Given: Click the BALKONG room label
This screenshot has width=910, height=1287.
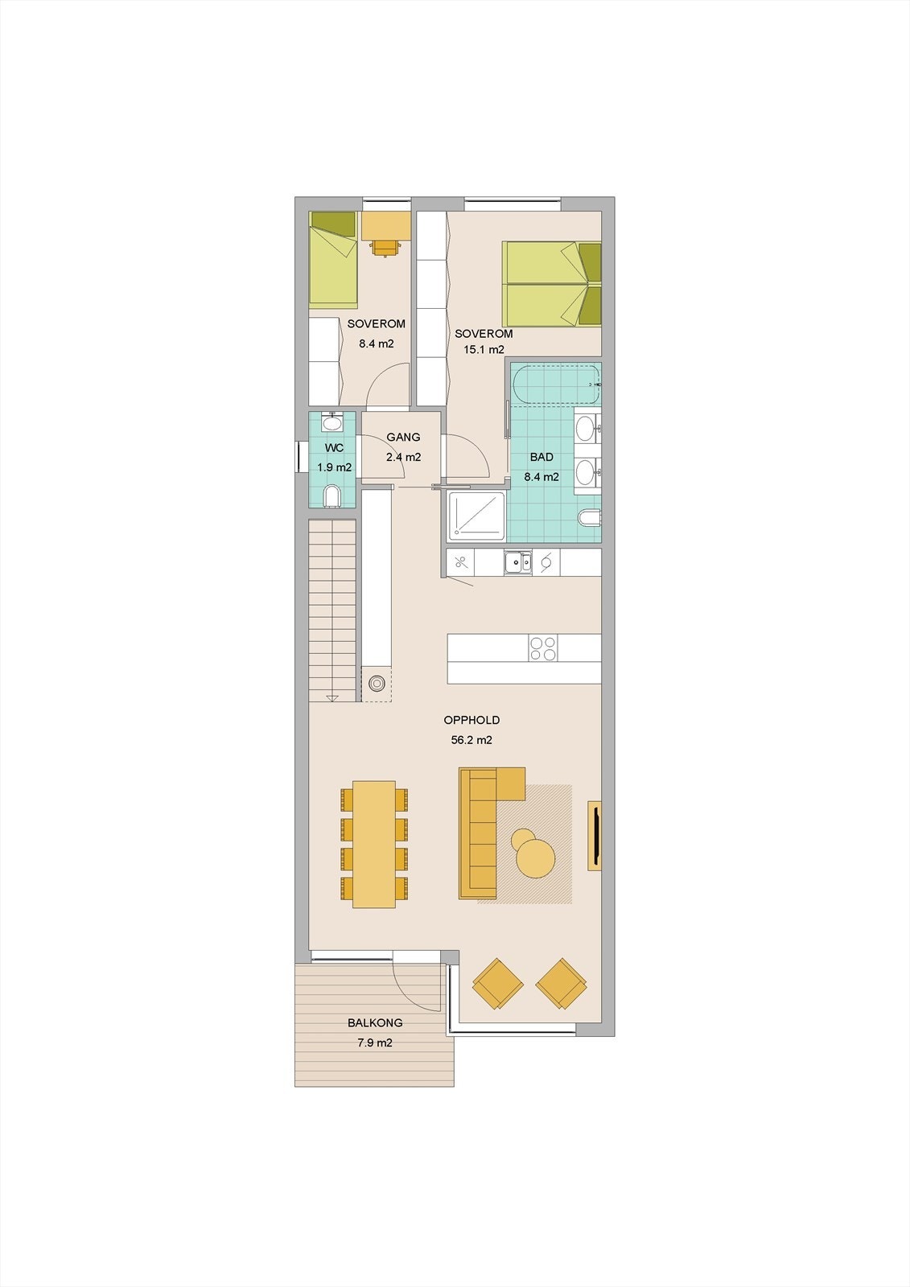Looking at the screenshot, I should (x=375, y=1023).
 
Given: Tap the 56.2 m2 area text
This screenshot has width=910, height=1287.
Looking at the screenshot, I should (x=471, y=740).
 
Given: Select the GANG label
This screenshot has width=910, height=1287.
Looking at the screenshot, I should (x=403, y=438).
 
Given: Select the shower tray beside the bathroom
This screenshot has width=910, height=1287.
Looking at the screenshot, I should (x=476, y=515).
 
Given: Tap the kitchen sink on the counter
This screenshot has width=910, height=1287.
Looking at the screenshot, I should (x=517, y=562).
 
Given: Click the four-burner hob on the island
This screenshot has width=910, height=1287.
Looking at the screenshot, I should (x=543, y=648).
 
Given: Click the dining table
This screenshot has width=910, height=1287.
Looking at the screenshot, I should (x=374, y=844).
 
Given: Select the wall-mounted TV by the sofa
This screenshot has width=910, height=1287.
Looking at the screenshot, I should (x=595, y=835).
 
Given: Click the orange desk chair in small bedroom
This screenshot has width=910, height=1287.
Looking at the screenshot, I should (x=387, y=247).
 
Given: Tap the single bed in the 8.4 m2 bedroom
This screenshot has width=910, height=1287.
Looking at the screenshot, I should (x=333, y=259).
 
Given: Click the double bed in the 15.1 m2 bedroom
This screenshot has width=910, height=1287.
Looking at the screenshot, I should (x=551, y=284).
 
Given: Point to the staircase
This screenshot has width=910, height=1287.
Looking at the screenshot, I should (x=332, y=610).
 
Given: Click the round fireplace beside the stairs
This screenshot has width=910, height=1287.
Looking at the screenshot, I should (x=377, y=684).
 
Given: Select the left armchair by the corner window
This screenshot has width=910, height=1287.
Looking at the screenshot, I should (x=498, y=983).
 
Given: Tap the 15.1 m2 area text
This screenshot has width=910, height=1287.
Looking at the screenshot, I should (x=484, y=349).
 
